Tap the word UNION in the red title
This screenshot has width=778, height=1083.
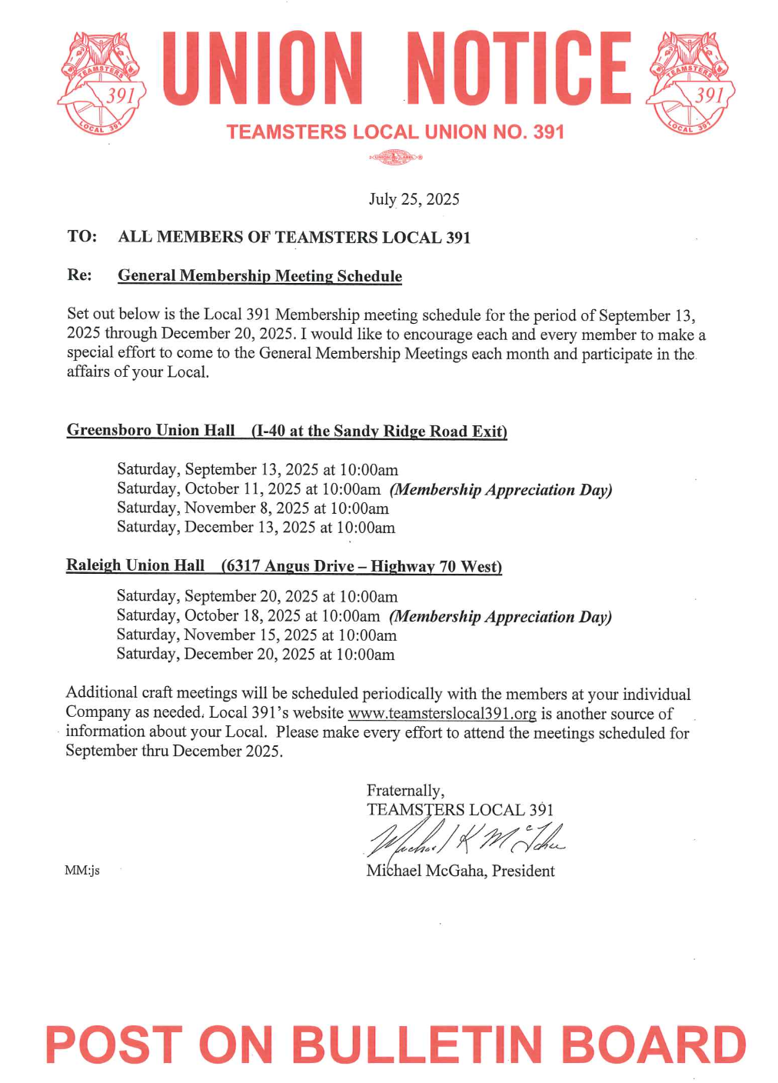tap(263, 68)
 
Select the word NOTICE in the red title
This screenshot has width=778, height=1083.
tap(519, 68)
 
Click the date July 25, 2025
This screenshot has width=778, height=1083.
tap(414, 199)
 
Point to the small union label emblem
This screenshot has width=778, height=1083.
tap(396, 158)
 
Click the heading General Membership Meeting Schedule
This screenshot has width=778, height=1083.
tap(260, 276)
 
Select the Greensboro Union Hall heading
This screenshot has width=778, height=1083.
tap(151, 431)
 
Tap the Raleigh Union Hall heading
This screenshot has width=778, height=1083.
tap(135, 566)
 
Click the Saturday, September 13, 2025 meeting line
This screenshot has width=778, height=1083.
tap(258, 470)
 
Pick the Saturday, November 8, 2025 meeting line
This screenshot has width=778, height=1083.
tap(253, 508)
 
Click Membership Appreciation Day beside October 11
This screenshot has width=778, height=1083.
tap(500, 490)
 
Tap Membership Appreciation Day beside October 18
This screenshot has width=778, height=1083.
tap(500, 617)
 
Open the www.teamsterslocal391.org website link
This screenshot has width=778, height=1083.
tap(442, 714)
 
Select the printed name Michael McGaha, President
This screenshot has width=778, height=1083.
tap(460, 871)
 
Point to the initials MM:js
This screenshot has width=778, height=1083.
tap(82, 871)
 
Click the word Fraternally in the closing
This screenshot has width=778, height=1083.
tap(405, 791)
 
